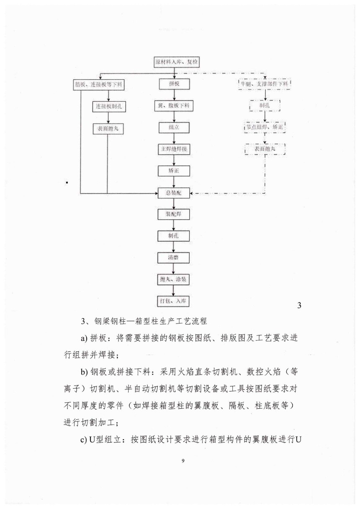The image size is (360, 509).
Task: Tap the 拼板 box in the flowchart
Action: click(x=174, y=84)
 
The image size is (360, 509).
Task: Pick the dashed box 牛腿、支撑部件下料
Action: click(x=264, y=84)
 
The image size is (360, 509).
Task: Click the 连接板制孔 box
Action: click(x=108, y=106)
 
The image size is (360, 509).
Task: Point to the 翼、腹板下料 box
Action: click(x=174, y=106)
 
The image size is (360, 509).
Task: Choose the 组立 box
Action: click(x=174, y=127)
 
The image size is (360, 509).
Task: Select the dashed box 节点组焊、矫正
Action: click(x=265, y=127)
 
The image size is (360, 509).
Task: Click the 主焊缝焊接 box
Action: click(x=174, y=149)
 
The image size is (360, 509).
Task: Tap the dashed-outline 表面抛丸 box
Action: click(x=265, y=149)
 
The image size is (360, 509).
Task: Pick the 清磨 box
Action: click(x=174, y=257)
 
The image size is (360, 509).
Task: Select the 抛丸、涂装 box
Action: click(x=174, y=279)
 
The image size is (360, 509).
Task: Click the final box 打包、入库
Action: click(x=174, y=301)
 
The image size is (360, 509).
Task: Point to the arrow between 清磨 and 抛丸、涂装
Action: click(x=174, y=268)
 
